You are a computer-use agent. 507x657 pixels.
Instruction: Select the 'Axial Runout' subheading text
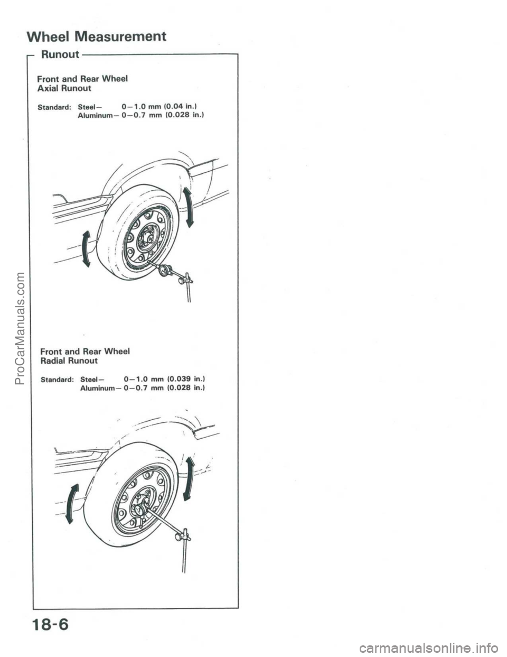tap(64, 88)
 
